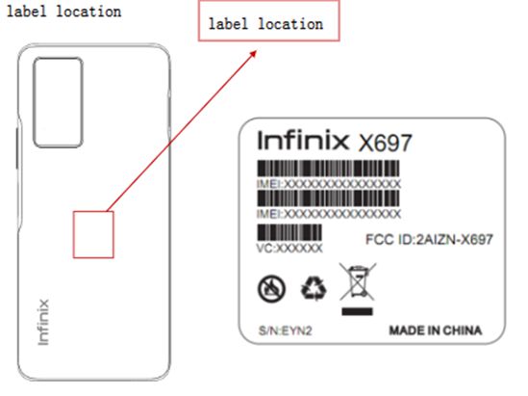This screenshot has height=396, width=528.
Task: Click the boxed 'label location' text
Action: pos(265,24)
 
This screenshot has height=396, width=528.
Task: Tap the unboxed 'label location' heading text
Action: pos(64,12)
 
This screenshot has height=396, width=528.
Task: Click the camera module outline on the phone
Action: pos(34,102)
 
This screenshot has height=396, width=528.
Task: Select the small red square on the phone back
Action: pos(73,235)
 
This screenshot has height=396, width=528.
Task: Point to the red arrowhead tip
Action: pos(257,51)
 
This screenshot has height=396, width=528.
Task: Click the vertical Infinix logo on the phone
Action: pos(43,322)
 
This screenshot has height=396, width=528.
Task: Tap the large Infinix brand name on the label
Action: pos(303,141)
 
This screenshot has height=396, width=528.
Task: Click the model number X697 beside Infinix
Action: pos(385,143)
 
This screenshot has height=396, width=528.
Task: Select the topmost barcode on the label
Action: pos(328,169)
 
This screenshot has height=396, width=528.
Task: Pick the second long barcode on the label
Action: pos(328,198)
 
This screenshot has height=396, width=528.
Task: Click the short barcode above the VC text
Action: pos(289,232)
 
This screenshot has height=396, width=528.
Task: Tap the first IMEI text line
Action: pos(329,184)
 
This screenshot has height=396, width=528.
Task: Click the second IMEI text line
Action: pos(329,214)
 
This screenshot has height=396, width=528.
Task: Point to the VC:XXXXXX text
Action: pos(289,249)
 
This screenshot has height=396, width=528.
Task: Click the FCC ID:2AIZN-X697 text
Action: pos(429,240)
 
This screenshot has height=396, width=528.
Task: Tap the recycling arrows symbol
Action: pos(314,288)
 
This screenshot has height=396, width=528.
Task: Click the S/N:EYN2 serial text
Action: pos(286,330)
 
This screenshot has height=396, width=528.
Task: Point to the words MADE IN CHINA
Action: pos(436,330)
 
